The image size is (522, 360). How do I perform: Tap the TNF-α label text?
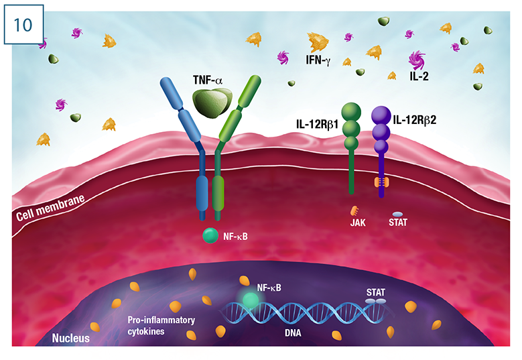point(208,80)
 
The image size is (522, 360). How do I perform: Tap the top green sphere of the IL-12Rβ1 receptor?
point(351,111)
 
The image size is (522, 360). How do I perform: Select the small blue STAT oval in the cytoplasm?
point(397,213)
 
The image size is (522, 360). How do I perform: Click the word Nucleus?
point(71,338)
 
